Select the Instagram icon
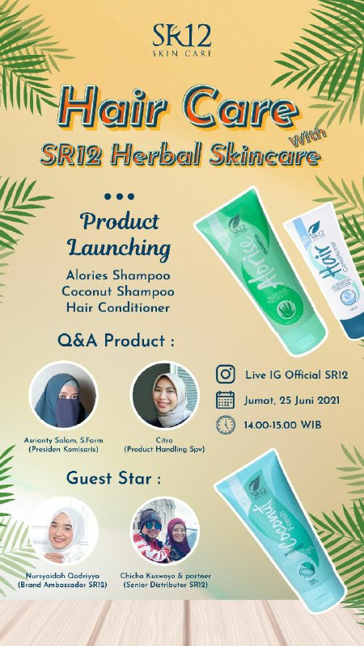pyautogui.click(x=226, y=374)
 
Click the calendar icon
pyautogui.click(x=226, y=400)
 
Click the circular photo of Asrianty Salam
pyautogui.click(x=63, y=395)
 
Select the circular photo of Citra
pyautogui.click(x=165, y=395)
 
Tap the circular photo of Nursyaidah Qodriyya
pyautogui.click(x=64, y=530)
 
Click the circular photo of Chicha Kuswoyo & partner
pyautogui.click(x=165, y=530)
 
